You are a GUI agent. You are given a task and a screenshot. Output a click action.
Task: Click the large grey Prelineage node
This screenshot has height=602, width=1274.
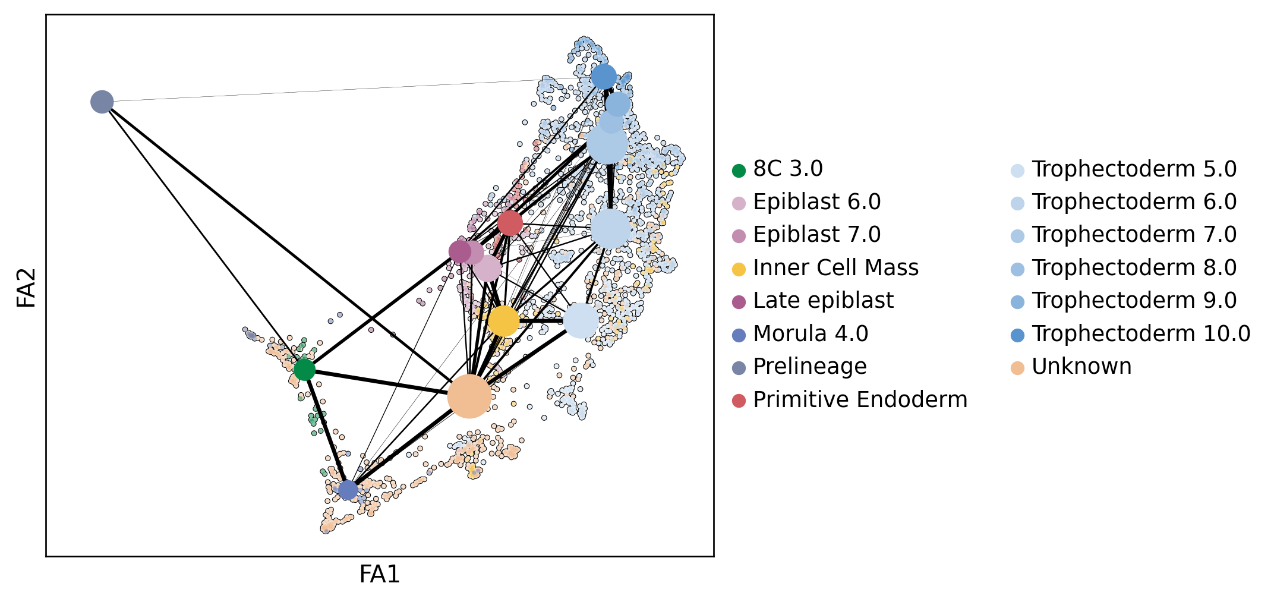(102, 102)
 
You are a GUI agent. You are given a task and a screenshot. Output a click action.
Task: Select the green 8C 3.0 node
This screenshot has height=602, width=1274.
(304, 370)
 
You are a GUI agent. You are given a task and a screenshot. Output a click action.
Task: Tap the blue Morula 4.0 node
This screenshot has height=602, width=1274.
(348, 490)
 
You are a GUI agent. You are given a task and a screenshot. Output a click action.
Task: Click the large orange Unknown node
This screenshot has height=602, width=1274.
(469, 396)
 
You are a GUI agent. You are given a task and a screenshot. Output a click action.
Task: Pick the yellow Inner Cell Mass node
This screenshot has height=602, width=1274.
(503, 321)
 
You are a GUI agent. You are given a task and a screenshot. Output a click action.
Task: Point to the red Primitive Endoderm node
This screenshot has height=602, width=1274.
(510, 223)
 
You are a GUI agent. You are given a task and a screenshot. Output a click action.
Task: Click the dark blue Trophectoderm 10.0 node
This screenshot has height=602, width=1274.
(604, 77)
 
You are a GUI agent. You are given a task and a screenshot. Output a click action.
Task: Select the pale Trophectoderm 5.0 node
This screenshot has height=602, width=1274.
(581, 320)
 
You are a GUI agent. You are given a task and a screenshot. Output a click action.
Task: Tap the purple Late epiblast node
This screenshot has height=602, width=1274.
(459, 252)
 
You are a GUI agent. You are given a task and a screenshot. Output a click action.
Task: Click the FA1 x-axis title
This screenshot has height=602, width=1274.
(380, 575)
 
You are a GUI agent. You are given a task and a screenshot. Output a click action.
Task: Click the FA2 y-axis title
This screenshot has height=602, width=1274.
(27, 288)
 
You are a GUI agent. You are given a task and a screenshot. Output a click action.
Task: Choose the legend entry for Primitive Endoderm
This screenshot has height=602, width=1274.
(860, 400)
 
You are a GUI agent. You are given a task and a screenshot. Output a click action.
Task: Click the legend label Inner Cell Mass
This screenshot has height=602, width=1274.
(835, 268)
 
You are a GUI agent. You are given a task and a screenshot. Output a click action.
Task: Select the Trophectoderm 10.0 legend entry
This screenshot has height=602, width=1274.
(1141, 334)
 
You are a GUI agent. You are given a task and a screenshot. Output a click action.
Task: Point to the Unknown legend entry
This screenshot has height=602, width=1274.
(1081, 367)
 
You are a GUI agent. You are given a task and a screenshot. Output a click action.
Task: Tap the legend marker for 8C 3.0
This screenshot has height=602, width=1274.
(739, 171)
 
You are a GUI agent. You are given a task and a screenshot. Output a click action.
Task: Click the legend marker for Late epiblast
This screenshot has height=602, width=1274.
(739, 302)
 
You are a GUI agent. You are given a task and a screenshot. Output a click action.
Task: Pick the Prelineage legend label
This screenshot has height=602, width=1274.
(809, 367)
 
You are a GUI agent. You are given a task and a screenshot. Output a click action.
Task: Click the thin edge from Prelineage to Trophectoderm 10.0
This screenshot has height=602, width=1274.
(351, 90)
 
